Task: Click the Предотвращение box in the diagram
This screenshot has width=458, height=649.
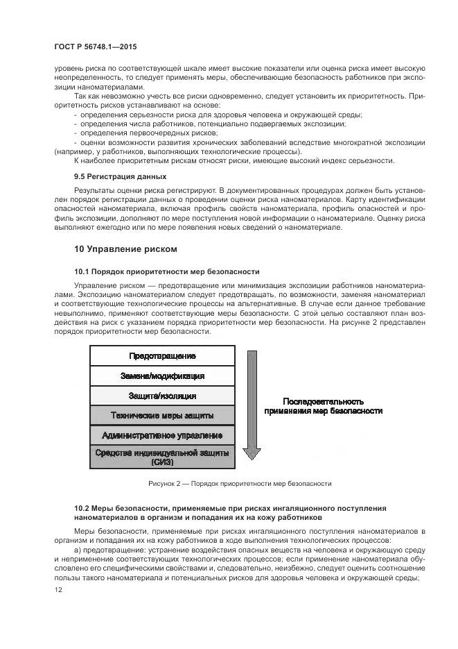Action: pyautogui.click(x=162, y=356)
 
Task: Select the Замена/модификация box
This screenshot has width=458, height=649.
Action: pyautogui.click(x=162, y=376)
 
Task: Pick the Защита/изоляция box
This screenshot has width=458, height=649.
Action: pyautogui.click(x=162, y=396)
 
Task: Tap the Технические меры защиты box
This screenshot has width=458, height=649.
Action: pyautogui.click(x=162, y=416)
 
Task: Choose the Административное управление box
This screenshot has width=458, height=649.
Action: pyautogui.click(x=162, y=435)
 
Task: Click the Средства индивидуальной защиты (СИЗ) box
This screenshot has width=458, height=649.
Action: pyautogui.click(x=162, y=457)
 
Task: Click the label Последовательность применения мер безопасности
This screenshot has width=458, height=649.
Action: pyautogui.click(x=323, y=406)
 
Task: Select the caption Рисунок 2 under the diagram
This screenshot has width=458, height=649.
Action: pyautogui.click(x=240, y=484)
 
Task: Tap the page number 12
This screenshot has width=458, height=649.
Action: pyautogui.click(x=58, y=589)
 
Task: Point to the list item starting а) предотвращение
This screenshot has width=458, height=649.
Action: pyautogui.click(x=236, y=550)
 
